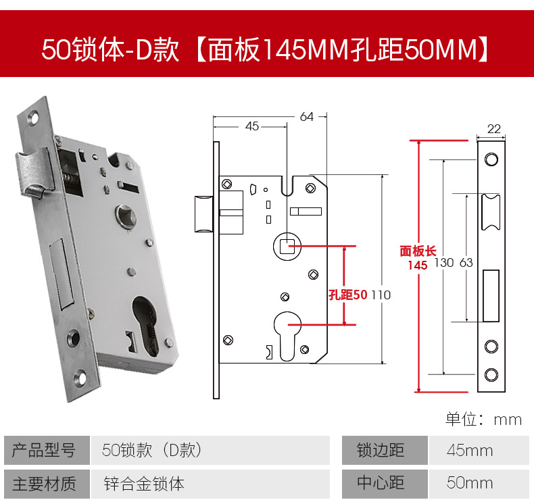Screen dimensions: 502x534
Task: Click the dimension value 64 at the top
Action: [x=307, y=116]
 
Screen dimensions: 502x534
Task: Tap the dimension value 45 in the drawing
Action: [x=251, y=126]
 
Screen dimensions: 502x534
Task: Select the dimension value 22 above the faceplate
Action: [x=493, y=129]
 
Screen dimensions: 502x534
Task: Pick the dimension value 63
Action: [x=466, y=262]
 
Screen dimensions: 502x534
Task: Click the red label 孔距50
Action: [x=347, y=295]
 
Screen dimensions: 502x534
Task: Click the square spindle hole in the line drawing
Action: [x=287, y=245]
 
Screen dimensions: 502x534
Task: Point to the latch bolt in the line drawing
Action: [x=203, y=214]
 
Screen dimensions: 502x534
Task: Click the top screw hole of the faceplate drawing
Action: [x=491, y=159]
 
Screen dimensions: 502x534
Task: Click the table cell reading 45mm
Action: [x=470, y=451]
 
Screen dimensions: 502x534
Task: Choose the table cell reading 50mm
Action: [x=470, y=483]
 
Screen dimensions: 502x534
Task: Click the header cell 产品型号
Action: [x=45, y=451]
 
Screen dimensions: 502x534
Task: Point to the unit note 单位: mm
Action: [x=483, y=419]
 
